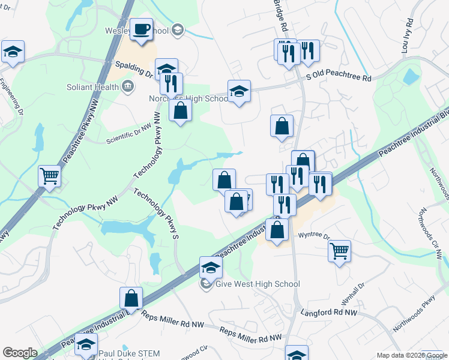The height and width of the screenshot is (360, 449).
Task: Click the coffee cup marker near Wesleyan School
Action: click(x=142, y=29)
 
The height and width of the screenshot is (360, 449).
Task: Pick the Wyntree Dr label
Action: click(x=315, y=235)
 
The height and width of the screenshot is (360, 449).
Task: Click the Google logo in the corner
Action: click(x=20, y=353)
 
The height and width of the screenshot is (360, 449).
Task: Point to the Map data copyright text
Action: click(x=412, y=355)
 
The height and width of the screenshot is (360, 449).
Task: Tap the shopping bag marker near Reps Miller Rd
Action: click(x=131, y=298)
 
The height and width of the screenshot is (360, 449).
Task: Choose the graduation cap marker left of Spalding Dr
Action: click(x=12, y=52)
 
